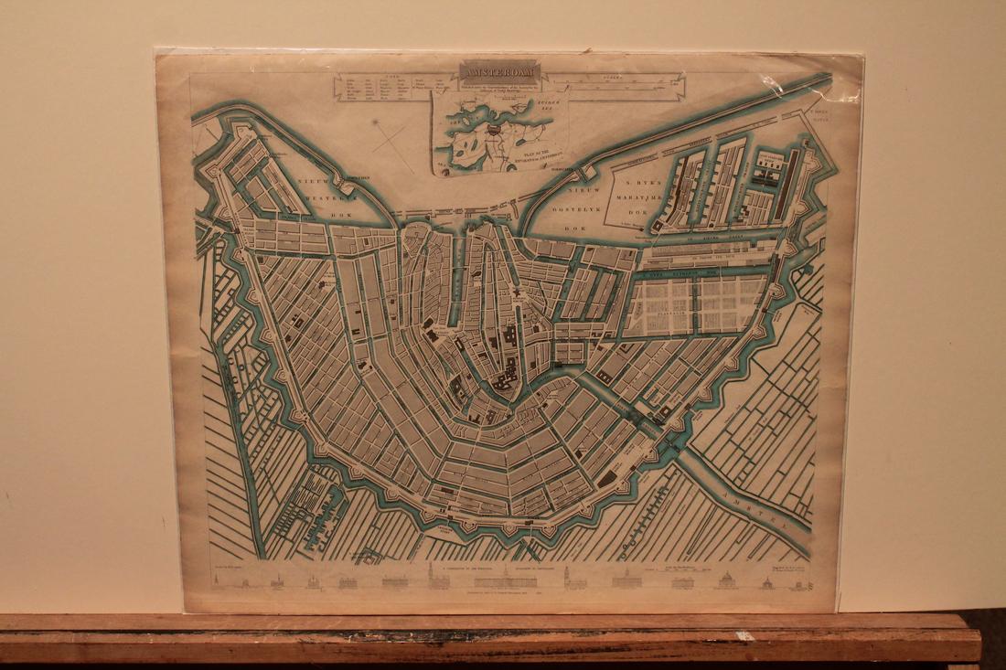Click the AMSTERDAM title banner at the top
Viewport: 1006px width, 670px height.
click(x=500, y=71)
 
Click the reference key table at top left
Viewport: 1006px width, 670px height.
click(x=395, y=94)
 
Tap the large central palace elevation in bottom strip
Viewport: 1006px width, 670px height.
click(x=500, y=580)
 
